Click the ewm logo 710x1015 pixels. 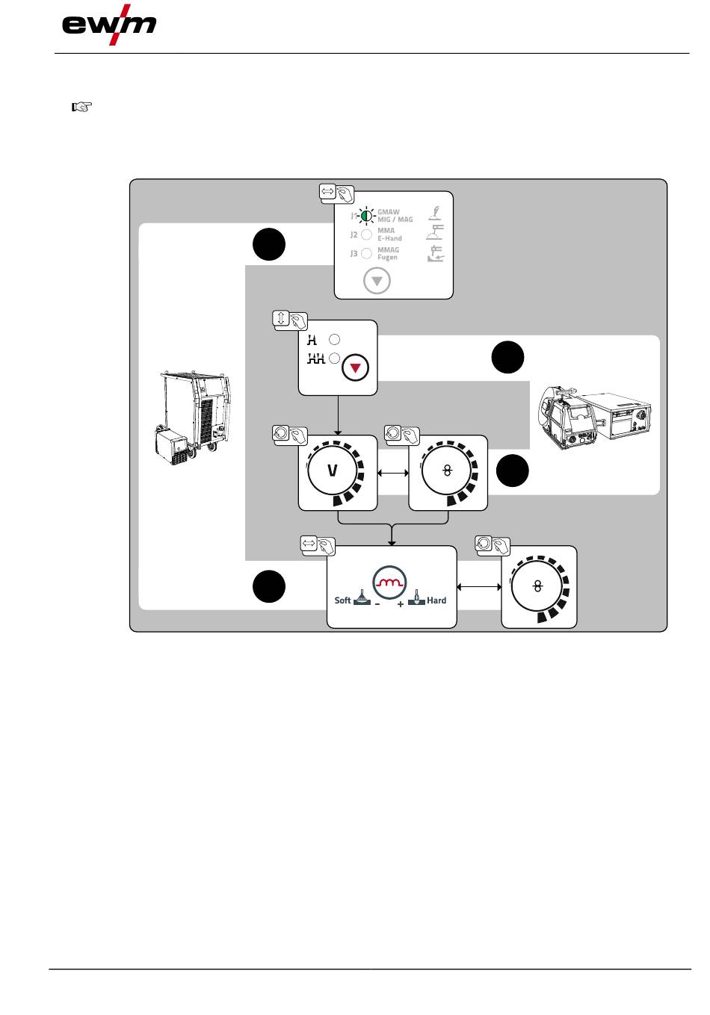(109, 25)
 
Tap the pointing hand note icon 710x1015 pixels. (81, 107)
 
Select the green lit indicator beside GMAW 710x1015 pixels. (366, 216)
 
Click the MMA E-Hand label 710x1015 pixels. (389, 235)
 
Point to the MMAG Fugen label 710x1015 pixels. (388, 253)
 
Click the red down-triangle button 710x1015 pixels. (356, 367)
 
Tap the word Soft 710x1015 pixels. (342, 600)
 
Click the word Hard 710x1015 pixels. (436, 600)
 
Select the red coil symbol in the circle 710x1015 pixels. (389, 583)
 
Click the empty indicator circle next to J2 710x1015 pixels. (367, 235)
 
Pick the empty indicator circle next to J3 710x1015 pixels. (367, 253)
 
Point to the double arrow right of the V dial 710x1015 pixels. (393, 473)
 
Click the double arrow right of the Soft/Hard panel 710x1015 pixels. (479, 587)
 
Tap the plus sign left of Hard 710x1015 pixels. (401, 604)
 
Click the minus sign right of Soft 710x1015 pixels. (377, 604)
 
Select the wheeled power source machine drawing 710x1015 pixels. (193, 418)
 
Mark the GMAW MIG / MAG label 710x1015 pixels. (395, 216)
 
